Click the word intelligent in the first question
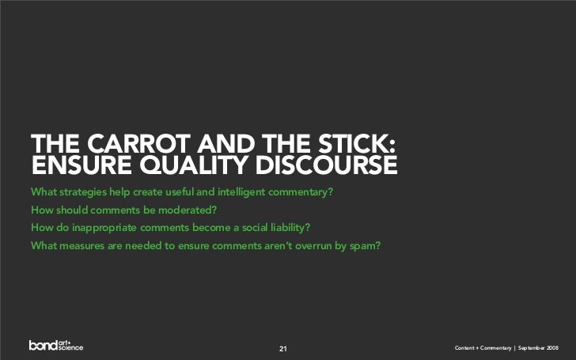(x=241, y=192)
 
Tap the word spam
(x=366, y=244)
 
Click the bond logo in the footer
(x=56, y=345)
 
